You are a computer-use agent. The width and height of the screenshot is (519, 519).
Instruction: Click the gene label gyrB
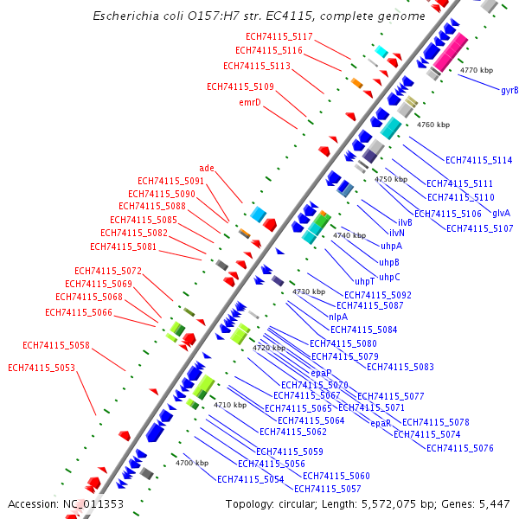point(509,90)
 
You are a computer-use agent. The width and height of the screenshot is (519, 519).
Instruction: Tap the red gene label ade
point(207,168)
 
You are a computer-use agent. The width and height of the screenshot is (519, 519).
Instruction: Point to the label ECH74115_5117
point(279,36)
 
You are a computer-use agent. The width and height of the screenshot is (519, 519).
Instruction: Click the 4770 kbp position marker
point(477,70)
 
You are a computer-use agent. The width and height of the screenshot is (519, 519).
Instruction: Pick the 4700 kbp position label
point(192,464)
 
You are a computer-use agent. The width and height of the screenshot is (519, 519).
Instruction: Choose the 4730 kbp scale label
point(309,292)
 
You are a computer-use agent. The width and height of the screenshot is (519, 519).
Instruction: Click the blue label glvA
point(501,213)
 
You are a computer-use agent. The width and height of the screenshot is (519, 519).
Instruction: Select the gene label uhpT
point(364,281)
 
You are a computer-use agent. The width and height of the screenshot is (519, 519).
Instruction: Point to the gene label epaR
point(381,423)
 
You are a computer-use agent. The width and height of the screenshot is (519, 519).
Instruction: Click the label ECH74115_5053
point(42,368)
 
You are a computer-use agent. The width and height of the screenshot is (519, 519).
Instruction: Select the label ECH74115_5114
point(479,160)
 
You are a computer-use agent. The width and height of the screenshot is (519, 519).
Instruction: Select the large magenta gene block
point(451,53)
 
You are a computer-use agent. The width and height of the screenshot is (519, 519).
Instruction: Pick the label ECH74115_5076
point(460,448)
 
